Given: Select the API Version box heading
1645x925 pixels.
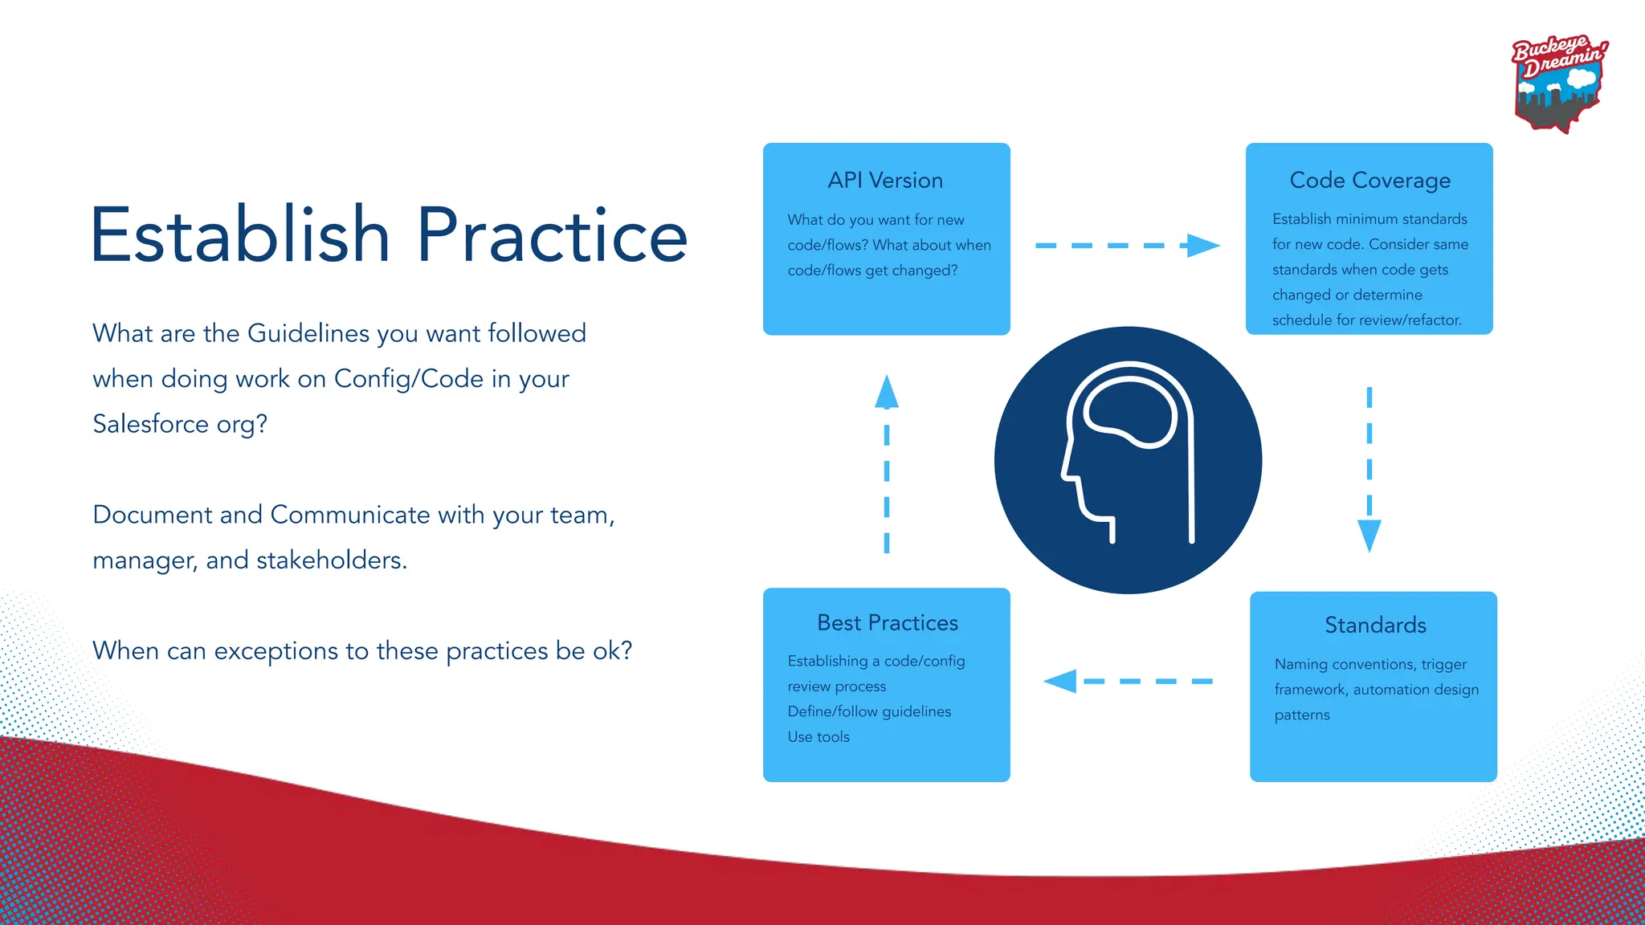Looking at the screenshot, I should pos(885,181).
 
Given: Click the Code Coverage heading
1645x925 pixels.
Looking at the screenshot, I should pos(1369,181).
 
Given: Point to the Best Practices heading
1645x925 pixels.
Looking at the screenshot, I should pos(887,623).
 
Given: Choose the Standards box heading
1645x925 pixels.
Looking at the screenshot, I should pos(1374,625).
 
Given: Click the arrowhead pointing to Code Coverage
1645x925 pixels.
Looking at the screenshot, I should pos(1202,246).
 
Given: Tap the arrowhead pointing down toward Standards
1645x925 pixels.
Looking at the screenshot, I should pos(1369,535).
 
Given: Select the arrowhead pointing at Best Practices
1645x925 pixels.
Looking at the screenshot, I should pos(1061,682).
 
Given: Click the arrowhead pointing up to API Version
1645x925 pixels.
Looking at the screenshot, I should pos(886,393).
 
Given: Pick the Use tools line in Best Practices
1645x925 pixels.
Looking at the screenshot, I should pos(818,737).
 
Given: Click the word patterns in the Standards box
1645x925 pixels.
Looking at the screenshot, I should pos(1301,715).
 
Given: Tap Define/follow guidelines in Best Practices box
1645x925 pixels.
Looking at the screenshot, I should pos(868,711).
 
